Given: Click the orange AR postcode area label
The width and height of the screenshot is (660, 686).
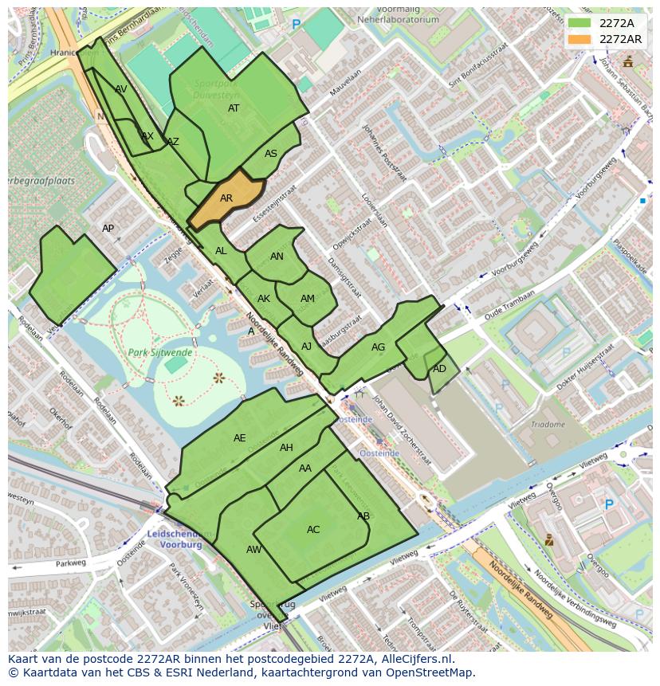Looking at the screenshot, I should [x=226, y=198].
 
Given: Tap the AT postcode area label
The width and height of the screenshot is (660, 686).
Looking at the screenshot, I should [x=234, y=108].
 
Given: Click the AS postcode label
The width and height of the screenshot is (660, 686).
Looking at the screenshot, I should [x=271, y=154].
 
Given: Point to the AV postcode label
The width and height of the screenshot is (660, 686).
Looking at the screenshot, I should [x=121, y=89].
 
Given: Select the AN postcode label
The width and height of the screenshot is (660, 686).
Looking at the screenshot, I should [x=277, y=257].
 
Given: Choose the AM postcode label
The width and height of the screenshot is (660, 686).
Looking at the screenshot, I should [x=308, y=299].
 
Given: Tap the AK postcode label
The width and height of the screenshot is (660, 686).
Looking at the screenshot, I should [x=264, y=299].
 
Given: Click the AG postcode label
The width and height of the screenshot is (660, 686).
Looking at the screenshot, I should [x=378, y=347].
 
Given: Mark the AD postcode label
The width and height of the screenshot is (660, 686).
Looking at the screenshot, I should [x=439, y=369].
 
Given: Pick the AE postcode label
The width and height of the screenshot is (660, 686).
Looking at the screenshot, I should [x=239, y=438].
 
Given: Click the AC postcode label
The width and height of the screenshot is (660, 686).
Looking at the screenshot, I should [x=313, y=530].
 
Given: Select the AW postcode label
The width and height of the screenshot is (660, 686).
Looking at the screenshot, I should [x=253, y=550].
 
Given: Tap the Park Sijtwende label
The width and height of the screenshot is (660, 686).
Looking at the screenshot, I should [x=159, y=351].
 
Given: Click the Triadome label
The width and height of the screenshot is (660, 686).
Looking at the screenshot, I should [x=548, y=425].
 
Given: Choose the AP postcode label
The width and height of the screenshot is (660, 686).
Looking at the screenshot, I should [x=108, y=229].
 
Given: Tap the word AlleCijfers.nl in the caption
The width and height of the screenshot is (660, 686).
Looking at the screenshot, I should [x=414, y=659].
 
